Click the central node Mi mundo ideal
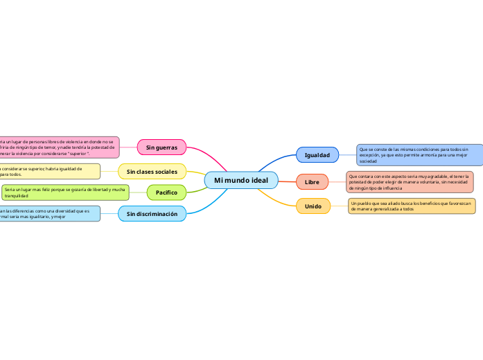pos(241,181)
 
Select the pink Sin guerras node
pos(161,147)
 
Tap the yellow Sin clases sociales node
pos(152,171)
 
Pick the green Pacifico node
pos(166,192)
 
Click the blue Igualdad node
pos(317,154)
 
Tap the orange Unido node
pos(313,206)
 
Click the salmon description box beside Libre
pos(410,182)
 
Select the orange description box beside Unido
pos(412,206)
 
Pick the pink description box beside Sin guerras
pos(60,147)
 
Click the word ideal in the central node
pos(258,181)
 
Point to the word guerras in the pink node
pos(167,147)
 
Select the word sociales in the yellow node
pos(164,171)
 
